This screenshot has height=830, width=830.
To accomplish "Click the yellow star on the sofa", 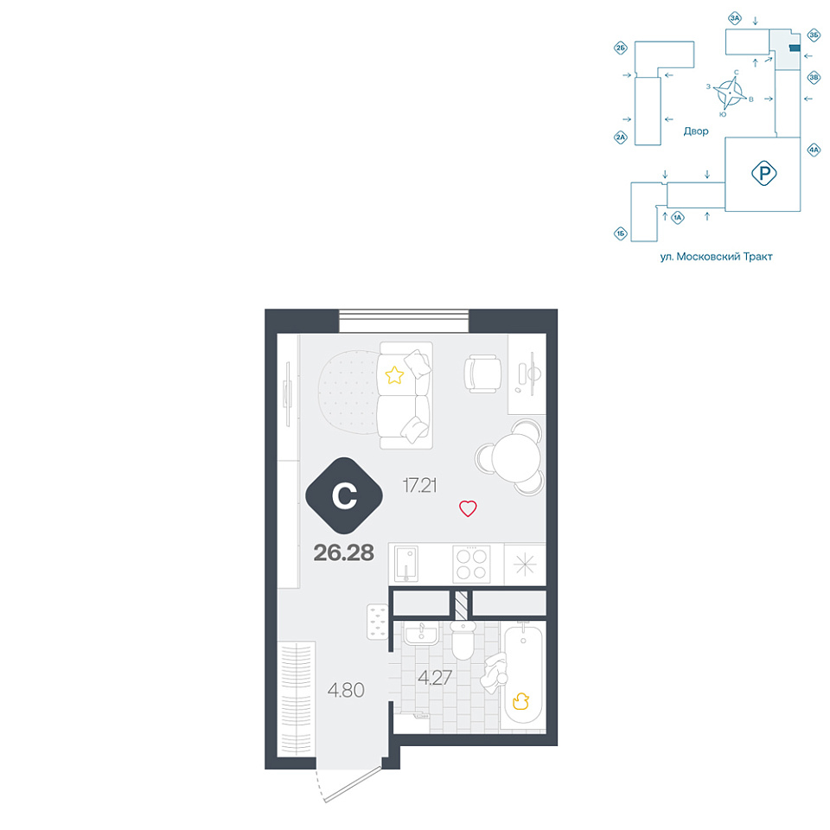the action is click(x=394, y=375).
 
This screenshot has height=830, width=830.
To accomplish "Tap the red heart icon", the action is click(x=468, y=508).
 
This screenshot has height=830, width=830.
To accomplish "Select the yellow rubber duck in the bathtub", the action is click(x=520, y=701).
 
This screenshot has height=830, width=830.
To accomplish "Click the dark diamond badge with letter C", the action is click(x=344, y=495).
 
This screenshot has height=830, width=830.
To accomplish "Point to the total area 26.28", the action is click(x=344, y=552).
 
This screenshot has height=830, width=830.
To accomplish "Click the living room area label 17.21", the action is click(x=420, y=485).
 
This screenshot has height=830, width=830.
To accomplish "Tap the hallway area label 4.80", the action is click(x=346, y=690).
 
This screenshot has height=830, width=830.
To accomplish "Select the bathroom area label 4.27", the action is click(x=435, y=678).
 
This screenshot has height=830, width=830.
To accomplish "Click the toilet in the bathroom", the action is click(x=463, y=641).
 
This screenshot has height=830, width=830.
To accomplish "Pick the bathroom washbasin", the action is click(x=421, y=633).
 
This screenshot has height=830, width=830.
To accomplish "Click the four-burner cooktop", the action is click(x=471, y=565).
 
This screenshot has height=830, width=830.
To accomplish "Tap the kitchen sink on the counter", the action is click(x=406, y=565).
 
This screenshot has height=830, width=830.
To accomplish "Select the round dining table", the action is click(x=515, y=457).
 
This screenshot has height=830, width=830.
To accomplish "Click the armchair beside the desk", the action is click(x=482, y=373).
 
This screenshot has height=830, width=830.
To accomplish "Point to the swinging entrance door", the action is click(x=350, y=786).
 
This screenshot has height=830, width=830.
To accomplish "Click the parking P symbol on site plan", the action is click(x=763, y=173).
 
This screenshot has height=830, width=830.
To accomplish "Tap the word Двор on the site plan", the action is click(x=695, y=131).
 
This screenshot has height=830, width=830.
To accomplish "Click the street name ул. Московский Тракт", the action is click(x=716, y=257).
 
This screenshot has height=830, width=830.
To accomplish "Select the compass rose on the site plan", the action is click(x=730, y=93).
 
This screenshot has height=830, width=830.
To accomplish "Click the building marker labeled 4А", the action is click(x=814, y=150).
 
